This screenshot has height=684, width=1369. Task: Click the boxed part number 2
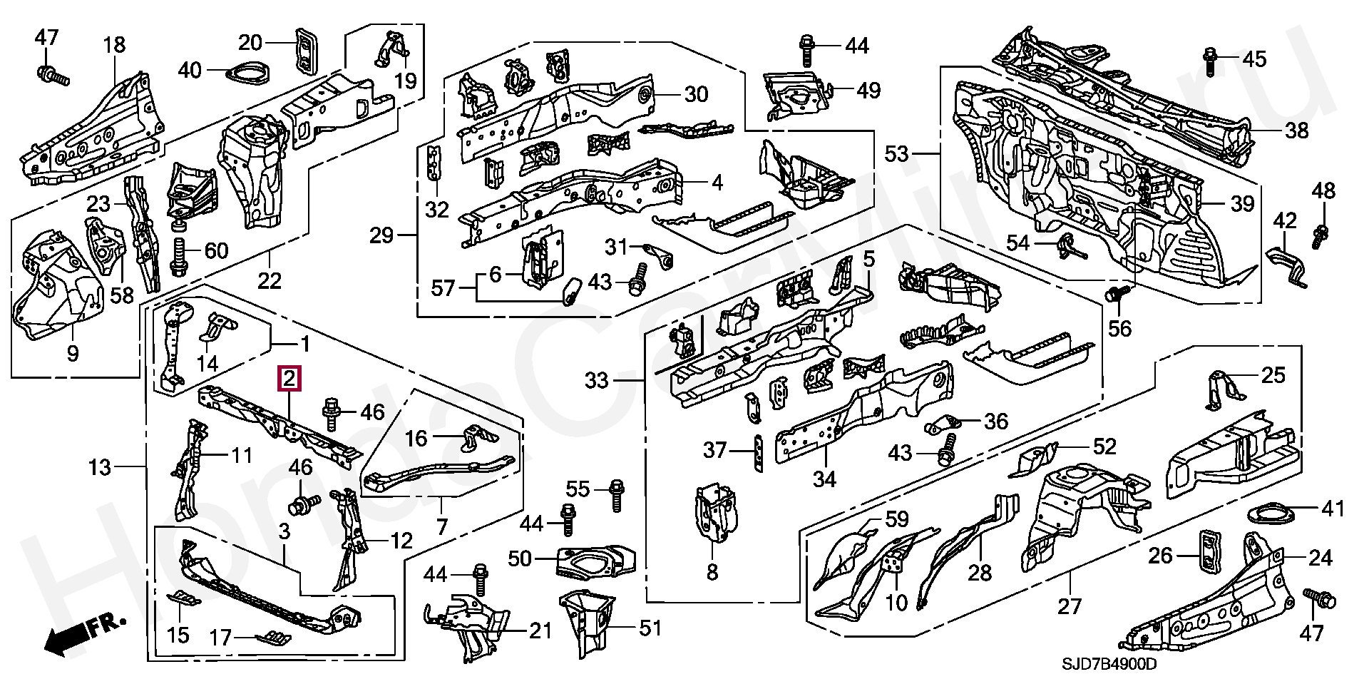pyautogui.click(x=289, y=379)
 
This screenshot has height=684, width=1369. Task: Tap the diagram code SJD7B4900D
pyautogui.click(x=1109, y=664)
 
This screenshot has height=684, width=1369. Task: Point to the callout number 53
pyautogui.click(x=897, y=153)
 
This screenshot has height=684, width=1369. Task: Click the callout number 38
pyautogui.click(x=1297, y=131)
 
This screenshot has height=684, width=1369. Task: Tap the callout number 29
pyautogui.click(x=382, y=235)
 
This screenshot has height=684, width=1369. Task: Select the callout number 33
pyautogui.click(x=596, y=381)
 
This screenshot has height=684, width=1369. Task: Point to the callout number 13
pyautogui.click(x=100, y=468)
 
